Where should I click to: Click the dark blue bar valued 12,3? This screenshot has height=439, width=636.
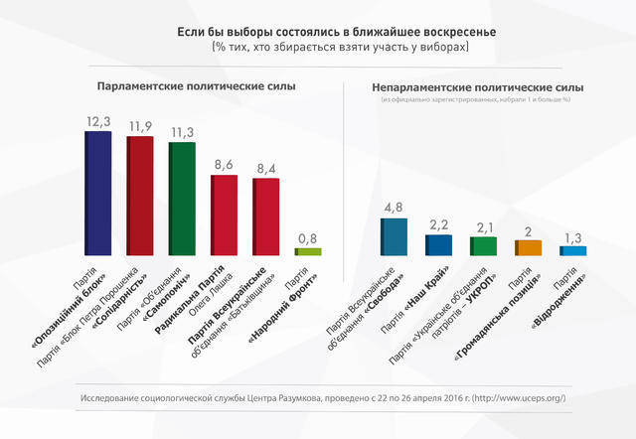[97, 193]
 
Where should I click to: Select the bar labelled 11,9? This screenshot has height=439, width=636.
[140, 195]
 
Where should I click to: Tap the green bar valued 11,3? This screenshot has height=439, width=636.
[182, 199]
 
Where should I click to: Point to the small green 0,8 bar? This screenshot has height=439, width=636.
[308, 252]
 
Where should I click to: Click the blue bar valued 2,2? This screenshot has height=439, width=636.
[438, 244]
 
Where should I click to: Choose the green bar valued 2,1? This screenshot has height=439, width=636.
[483, 245]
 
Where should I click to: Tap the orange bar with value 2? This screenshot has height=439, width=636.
[528, 247]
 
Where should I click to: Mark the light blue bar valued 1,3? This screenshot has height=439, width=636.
[573, 250]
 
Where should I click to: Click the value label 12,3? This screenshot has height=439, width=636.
[98, 120]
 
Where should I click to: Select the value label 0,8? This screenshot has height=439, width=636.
[308, 238]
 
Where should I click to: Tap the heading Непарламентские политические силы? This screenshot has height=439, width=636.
[477, 87]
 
